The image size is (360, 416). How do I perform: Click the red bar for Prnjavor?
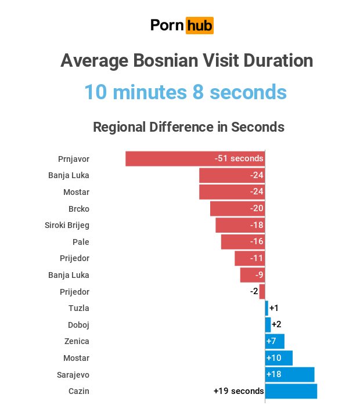pyautogui.click(x=174, y=158)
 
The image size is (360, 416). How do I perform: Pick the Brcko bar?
pyautogui.click(x=229, y=208)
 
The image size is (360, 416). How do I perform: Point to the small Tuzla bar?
pyautogui.click(x=267, y=308)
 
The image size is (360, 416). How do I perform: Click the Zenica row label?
pyautogui.click(x=78, y=341)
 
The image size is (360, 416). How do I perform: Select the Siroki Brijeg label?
pyautogui.click(x=67, y=225)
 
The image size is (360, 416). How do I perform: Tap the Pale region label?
pyautogui.click(x=81, y=241)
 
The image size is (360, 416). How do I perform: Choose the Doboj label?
pyautogui.click(x=78, y=325)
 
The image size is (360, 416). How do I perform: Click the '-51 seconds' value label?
pyautogui.click(x=239, y=158)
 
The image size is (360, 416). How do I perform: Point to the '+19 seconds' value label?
pyautogui.click(x=239, y=391)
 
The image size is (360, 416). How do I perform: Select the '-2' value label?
pyautogui.click(x=254, y=291)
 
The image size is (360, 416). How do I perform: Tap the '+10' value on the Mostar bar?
pyautogui.click(x=273, y=358)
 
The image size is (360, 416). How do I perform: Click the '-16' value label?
pyautogui.click(x=256, y=241)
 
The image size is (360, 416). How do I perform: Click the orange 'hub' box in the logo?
pyautogui.click(x=199, y=26)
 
